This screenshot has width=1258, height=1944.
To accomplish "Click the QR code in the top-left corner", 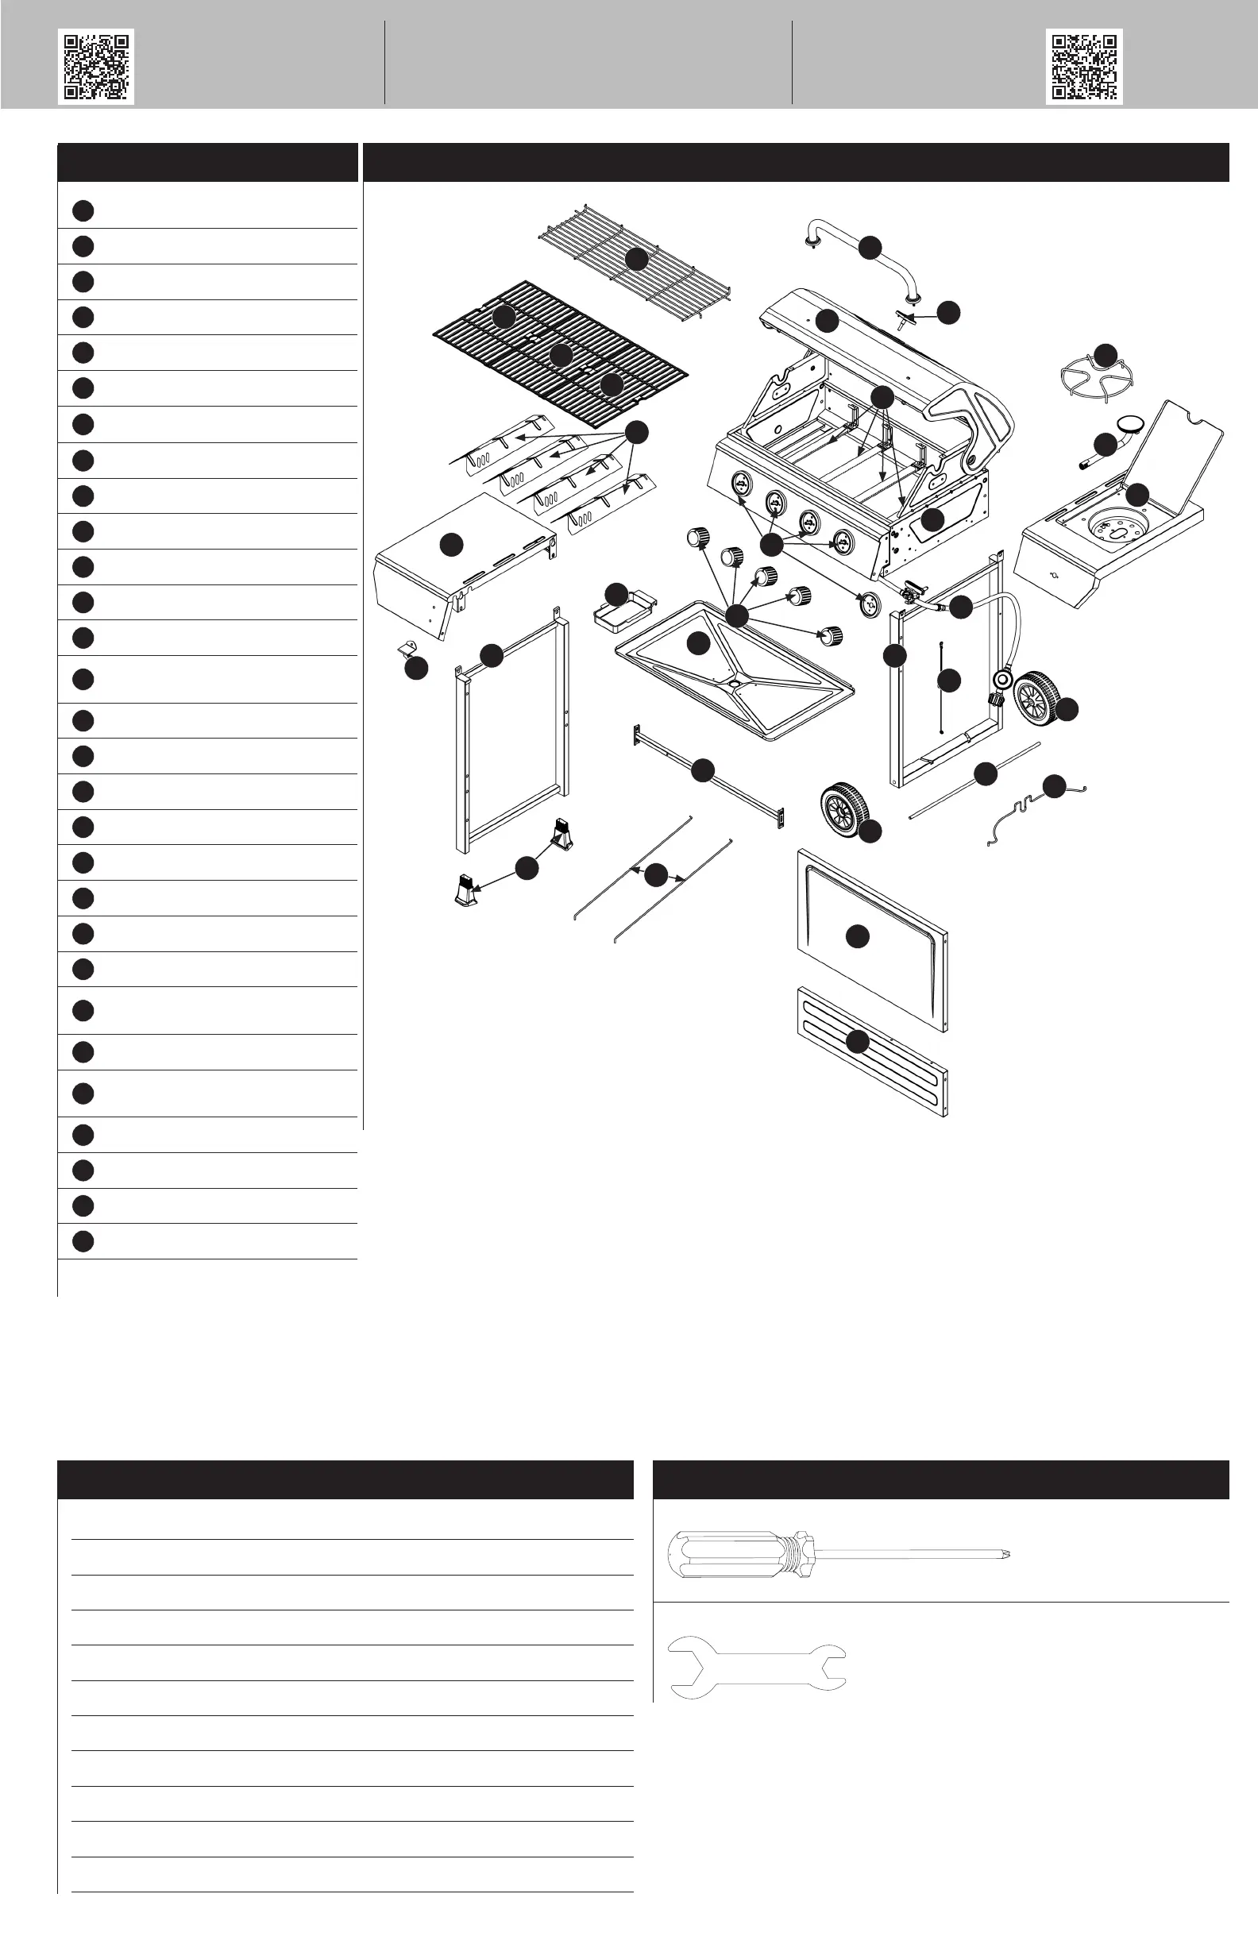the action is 95,66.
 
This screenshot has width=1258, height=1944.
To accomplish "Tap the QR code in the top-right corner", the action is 1083,66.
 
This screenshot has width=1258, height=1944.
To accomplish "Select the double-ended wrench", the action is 756,1667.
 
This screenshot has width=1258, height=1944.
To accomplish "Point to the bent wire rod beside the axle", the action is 1021,812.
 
